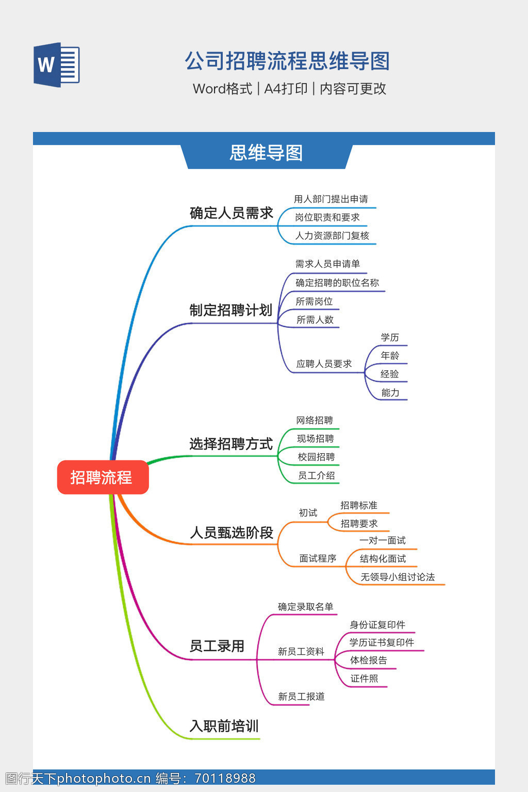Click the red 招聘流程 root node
coord(103,477)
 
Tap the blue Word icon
coord(57,64)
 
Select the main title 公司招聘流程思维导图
coord(287,61)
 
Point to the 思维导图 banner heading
coord(266,153)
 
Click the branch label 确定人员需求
coord(231,213)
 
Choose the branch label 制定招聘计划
coord(230,310)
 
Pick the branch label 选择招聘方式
coord(230,444)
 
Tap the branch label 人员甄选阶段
coord(232,533)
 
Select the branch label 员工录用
coord(217,646)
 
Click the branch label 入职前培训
coord(224,726)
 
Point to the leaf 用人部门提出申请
coord(331,199)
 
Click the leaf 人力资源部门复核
coord(332,236)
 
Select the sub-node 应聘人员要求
coord(324,364)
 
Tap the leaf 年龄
coord(390,356)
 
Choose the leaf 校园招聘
coord(316,457)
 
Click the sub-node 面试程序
coord(318,558)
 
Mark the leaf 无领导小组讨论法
coord(398,577)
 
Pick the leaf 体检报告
coord(368,661)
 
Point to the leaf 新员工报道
coord(301,697)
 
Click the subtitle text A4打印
coord(286,89)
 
